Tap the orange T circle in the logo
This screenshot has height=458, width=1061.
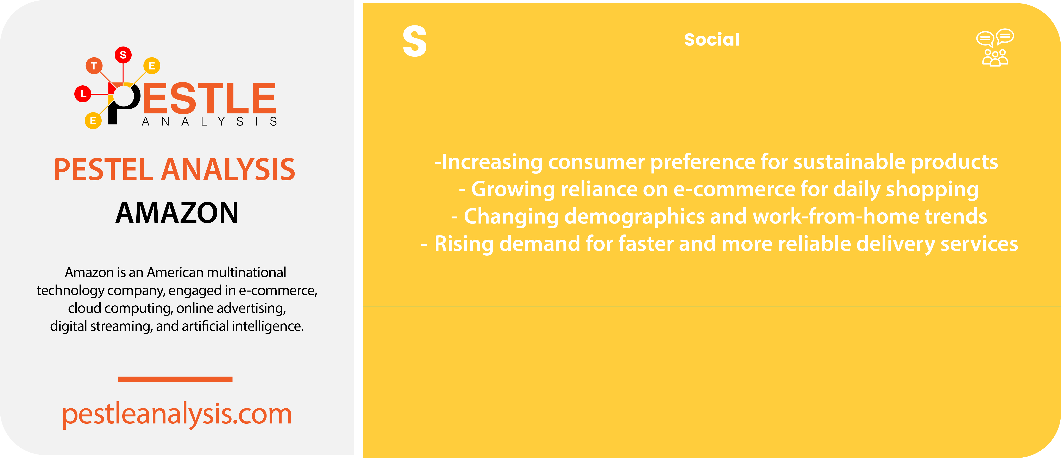[94, 66]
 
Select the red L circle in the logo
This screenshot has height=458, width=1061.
[83, 94]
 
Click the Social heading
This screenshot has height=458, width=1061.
[712, 39]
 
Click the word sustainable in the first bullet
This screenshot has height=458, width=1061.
[849, 162]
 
